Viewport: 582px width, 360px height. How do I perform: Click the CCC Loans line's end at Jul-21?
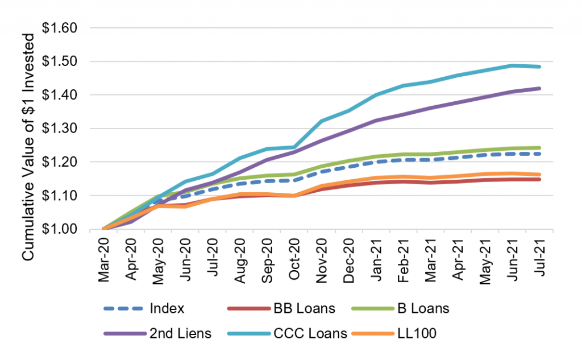pos(539,67)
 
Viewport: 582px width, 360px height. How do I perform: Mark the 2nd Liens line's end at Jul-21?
pos(539,88)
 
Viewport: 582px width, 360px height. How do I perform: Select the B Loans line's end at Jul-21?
pos(539,148)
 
